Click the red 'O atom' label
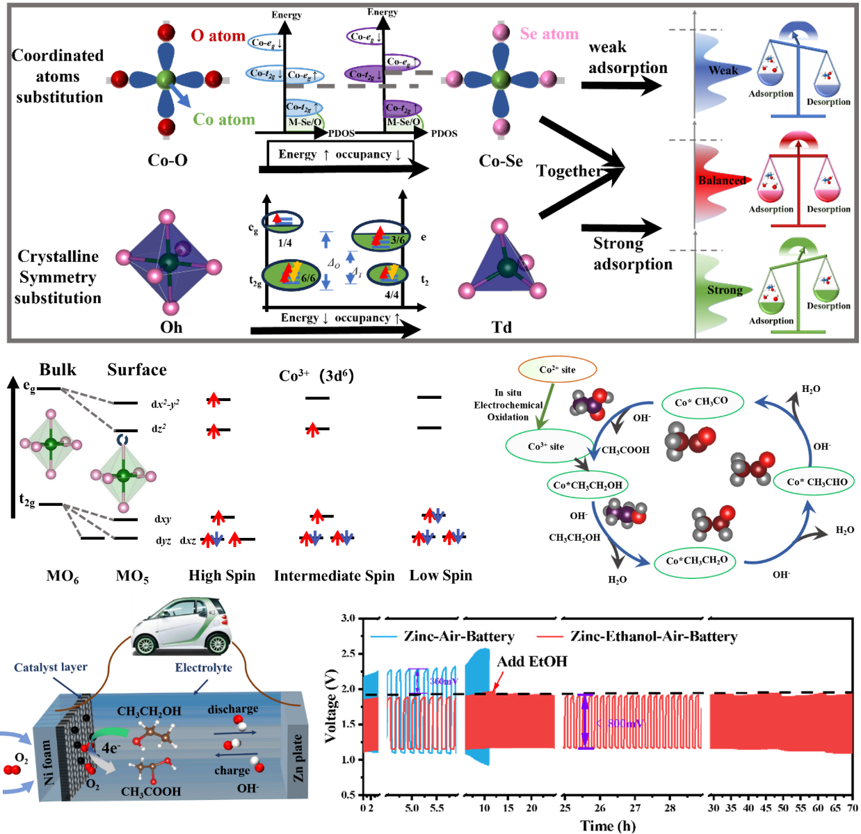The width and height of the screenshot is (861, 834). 218,35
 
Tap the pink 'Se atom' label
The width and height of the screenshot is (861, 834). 549,34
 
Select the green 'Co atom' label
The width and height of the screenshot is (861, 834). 224,120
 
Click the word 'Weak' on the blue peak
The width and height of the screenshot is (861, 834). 723,70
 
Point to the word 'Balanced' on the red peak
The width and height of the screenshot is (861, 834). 721,181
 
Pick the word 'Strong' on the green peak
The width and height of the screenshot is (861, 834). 725,290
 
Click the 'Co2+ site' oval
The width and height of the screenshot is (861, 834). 557,370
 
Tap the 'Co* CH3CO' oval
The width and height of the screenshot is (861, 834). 700,402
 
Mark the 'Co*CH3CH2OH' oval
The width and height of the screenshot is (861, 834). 588,485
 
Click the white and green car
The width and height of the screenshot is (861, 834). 182,626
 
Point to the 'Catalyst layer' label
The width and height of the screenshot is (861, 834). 51,668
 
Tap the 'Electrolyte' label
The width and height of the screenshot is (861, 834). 203,668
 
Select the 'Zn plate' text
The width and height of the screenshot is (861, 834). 298,758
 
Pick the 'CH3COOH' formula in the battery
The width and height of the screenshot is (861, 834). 150,792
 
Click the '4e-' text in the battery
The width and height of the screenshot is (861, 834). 111,749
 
